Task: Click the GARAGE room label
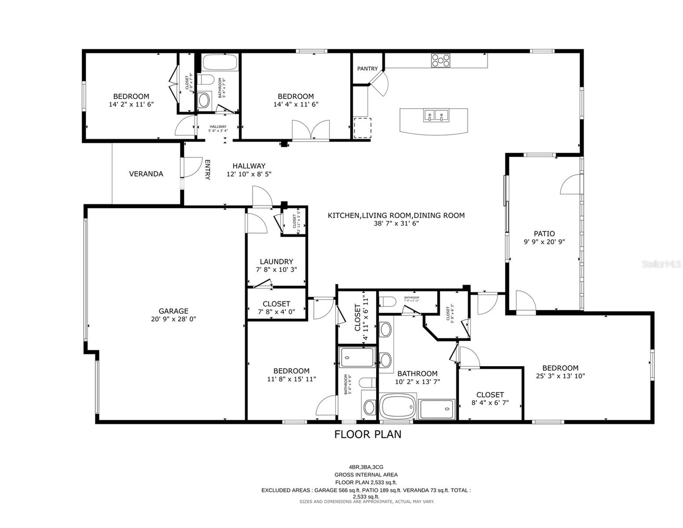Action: pos(173,311)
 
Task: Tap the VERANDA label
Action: pos(146,174)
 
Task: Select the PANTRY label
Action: pos(367,69)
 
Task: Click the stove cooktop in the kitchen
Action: pos(441,60)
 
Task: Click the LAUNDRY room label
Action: pos(276,261)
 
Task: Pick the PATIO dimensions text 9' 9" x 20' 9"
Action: pos(544,242)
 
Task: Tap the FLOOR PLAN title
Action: pos(368,434)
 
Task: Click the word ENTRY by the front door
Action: pos(207,169)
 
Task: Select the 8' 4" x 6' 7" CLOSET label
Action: pos(490,395)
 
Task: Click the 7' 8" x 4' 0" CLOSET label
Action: pos(276,304)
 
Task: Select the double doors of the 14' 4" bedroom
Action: pos(311,131)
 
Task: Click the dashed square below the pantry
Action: pos(362,128)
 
